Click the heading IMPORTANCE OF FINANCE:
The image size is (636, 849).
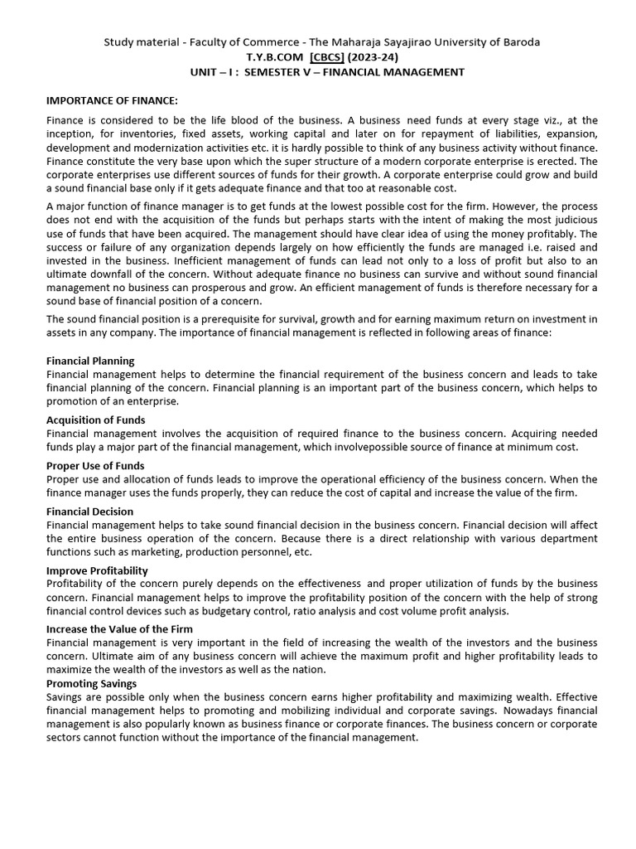[112, 101]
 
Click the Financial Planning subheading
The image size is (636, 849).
[90, 361]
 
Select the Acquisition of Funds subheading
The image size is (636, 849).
[95, 420]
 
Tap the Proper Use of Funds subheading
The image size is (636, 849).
[95, 466]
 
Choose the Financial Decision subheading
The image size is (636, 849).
[89, 512]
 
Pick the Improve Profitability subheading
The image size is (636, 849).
[97, 570]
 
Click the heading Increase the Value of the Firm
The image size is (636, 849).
[119, 629]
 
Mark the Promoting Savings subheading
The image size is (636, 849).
[91, 683]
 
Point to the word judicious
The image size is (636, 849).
[568, 220]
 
